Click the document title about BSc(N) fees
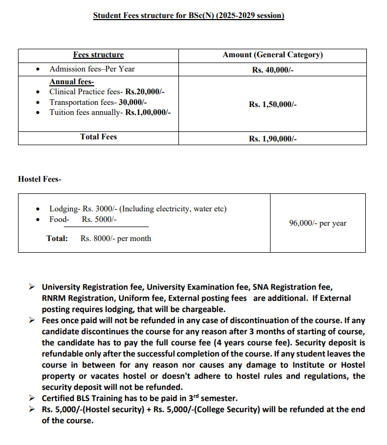(188, 15)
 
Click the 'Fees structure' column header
(98, 55)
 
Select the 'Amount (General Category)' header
(273, 55)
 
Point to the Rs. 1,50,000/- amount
(273, 104)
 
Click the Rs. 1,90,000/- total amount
(273, 139)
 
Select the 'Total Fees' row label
(98, 137)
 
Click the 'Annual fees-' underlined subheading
(71, 82)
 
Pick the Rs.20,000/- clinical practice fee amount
(145, 92)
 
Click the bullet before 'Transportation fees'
(38, 103)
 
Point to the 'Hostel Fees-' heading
(40, 179)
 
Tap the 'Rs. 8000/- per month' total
(115, 238)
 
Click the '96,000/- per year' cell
(318, 223)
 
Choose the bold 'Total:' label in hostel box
(57, 238)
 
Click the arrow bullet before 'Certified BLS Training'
(32, 398)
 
